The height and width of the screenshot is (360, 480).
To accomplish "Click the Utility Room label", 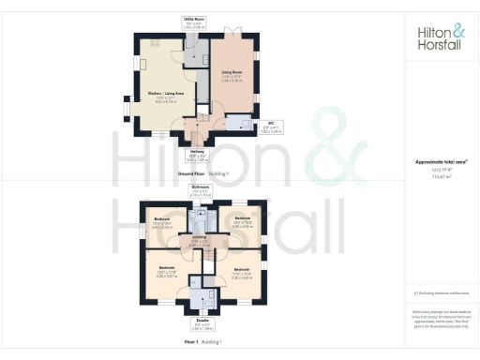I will tap(195, 20).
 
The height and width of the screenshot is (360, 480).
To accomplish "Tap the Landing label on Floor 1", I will tap(199, 237).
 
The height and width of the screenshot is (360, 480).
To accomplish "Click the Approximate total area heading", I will tap(440, 162).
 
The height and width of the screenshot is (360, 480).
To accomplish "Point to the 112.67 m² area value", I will tap(440, 175).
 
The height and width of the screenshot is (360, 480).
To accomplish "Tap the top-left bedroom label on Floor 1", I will tap(161, 221).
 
